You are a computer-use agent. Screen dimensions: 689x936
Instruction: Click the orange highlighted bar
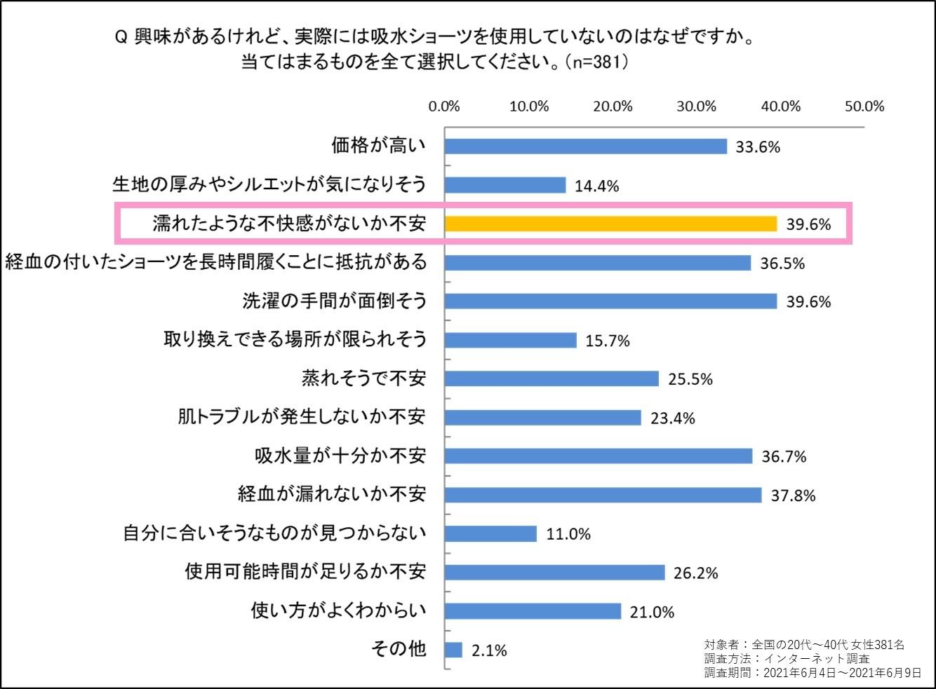pos(610,224)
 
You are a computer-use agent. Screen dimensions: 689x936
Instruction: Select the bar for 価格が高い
pos(585,146)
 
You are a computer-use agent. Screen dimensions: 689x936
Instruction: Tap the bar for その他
pos(453,650)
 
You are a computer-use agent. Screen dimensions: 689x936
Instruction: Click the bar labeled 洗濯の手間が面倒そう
pos(610,301)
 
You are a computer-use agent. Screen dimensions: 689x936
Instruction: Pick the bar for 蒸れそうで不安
pos(551,379)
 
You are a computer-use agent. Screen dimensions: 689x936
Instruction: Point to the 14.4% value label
pos(596,186)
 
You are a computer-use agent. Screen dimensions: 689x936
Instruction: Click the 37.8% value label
pos(793,496)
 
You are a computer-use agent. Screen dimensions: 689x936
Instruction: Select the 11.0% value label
pos(568,534)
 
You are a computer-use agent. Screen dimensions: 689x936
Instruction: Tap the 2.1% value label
pos(488,650)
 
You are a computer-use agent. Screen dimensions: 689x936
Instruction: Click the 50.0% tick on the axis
pos(864,107)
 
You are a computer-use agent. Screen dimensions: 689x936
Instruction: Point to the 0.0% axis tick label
pos(444,107)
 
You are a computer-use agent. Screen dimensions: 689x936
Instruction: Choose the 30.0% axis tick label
pos(696,107)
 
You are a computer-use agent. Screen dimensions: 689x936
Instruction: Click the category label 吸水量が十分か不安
pos(340,456)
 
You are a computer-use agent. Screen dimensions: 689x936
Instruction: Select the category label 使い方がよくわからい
pos(338,610)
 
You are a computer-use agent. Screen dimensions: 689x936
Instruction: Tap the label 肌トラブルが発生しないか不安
pos(301,417)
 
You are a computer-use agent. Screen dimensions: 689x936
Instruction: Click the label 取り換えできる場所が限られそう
pos(295,340)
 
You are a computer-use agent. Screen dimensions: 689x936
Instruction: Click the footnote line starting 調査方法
pos(787,659)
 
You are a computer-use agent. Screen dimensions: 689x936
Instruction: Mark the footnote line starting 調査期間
pos(812,673)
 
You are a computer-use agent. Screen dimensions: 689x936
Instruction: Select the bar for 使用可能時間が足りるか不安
pos(554,573)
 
